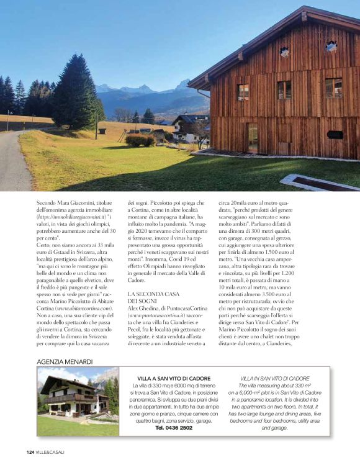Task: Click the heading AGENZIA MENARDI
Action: [x=65, y=361]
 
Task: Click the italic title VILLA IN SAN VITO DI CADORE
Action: [x=274, y=377]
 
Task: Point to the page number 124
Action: [x=29, y=451]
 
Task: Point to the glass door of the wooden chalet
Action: [x=253, y=138]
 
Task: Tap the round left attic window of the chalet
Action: [x=284, y=52]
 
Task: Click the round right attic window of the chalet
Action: [x=331, y=45]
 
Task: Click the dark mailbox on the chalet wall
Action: [x=336, y=134]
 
